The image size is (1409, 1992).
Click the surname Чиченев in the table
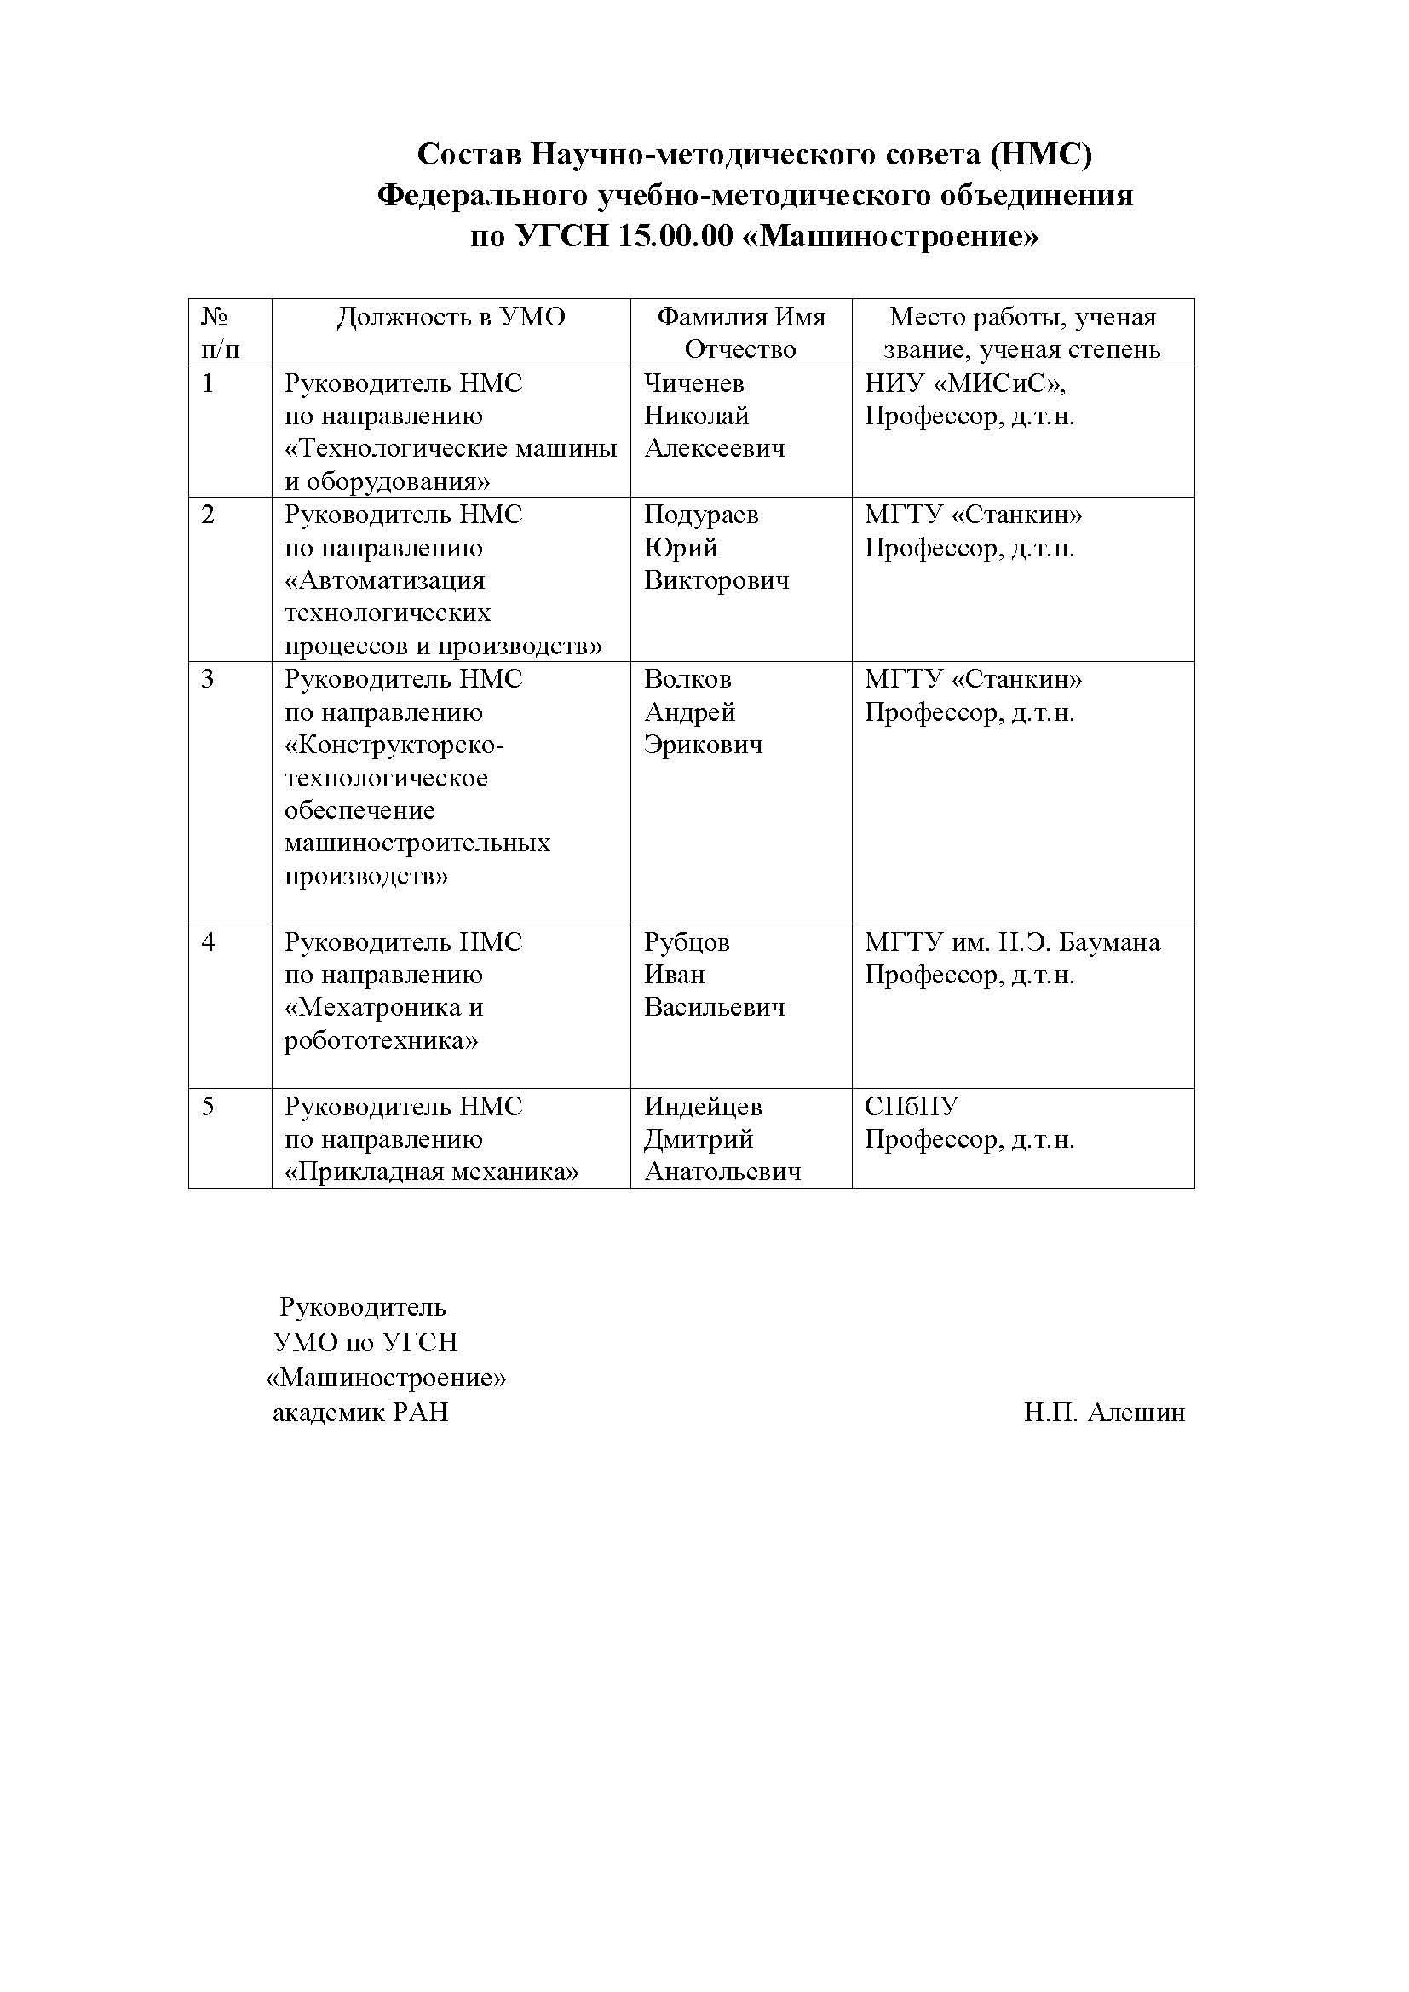pos(693,383)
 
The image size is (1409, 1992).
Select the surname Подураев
pos(700,515)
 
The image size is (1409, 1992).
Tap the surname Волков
pos(687,678)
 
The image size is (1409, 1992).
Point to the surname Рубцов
pos(687,941)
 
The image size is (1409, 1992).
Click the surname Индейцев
pos(702,1106)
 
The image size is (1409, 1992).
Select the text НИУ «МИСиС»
pos(964,383)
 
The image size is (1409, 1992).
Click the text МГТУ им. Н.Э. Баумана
pos(1012,941)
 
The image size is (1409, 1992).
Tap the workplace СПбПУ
pos(911,1106)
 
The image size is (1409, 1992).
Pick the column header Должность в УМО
pos(451,318)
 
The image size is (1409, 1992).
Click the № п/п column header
pos(221,332)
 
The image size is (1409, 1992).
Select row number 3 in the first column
pos(208,678)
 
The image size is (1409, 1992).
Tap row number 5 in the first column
pos(208,1106)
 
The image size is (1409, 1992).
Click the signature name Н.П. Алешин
pos(1103,1413)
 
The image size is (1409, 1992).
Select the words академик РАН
pos(360,1413)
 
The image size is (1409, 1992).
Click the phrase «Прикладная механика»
pos(431,1172)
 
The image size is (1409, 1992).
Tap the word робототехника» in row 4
pos(381,1040)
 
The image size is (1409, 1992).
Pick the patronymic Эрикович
pos(703,745)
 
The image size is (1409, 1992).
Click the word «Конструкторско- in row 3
pos(394,745)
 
